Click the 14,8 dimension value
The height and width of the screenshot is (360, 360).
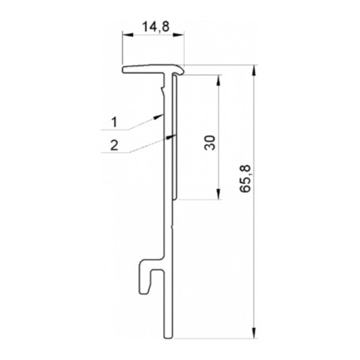156,27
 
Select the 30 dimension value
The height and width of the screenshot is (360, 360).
210,143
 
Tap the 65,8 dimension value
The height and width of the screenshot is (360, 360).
245,178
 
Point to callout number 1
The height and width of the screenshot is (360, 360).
114,123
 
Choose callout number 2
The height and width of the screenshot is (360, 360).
114,146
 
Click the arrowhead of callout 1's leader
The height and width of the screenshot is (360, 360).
158,116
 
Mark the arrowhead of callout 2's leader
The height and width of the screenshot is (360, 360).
171,136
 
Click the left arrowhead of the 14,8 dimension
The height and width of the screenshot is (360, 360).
127,34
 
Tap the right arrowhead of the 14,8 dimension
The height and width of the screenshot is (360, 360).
178,34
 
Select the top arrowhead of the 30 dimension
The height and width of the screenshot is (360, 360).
218,80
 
